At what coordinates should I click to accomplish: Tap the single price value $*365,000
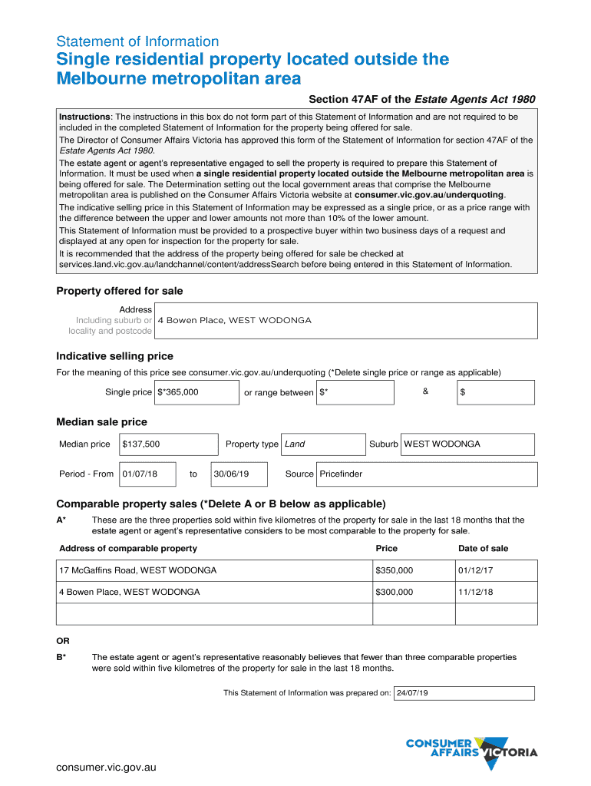pos(178,392)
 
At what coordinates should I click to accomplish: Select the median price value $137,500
pos(141,444)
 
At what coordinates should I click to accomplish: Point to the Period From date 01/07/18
pos(140,474)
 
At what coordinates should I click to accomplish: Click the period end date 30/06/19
pos(232,474)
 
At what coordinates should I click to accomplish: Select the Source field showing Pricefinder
pos(341,474)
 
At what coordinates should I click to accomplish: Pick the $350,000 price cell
pos(395,570)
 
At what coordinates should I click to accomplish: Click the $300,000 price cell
pos(395,592)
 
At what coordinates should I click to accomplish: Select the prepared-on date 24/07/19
pos(412,693)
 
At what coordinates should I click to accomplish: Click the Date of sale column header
pos(483,548)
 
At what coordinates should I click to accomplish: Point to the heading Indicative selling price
pos(114,356)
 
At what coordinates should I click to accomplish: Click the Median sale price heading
pos(101,422)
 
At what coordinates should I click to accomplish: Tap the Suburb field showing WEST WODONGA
pos(442,444)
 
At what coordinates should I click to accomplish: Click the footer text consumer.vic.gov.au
pos(107,767)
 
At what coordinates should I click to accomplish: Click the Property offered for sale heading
pos(120,291)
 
